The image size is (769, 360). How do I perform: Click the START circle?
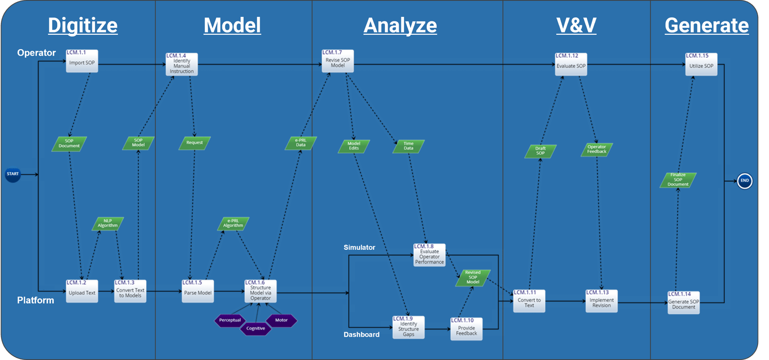(x=13, y=174)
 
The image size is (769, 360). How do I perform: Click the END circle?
(x=744, y=181)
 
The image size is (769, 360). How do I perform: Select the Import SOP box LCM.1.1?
(x=82, y=62)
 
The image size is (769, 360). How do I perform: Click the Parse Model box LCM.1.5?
(x=197, y=290)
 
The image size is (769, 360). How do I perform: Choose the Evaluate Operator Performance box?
(x=429, y=255)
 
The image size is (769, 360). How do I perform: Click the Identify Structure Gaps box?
(x=408, y=327)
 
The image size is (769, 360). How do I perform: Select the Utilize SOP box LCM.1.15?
(x=701, y=64)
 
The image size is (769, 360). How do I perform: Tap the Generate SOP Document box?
(x=683, y=302)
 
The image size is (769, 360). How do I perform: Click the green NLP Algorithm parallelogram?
(x=108, y=223)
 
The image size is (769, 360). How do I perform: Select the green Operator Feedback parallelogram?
(x=596, y=149)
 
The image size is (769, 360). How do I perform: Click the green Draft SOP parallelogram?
(x=540, y=151)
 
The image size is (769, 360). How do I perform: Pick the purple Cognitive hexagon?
(x=256, y=328)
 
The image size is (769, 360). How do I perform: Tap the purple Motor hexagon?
(x=281, y=320)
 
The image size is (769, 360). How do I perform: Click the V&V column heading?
(x=576, y=25)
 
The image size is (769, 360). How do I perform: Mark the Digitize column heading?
(x=83, y=25)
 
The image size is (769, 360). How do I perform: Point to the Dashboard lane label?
(x=361, y=334)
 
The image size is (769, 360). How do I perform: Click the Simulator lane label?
(x=359, y=247)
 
